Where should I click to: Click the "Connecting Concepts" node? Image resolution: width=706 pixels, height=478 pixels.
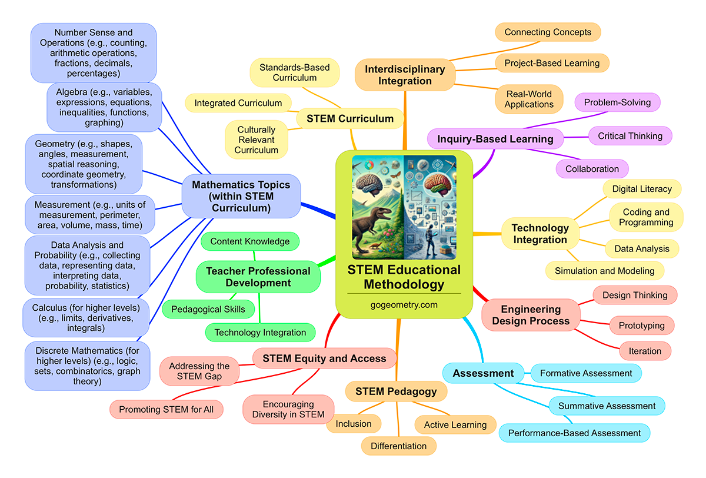click(548, 32)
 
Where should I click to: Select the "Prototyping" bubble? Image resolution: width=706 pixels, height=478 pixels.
click(641, 325)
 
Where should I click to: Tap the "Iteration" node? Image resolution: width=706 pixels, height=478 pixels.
click(645, 351)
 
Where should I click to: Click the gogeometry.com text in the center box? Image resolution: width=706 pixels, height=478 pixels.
click(404, 305)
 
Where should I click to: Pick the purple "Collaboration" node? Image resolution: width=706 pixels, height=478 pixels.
click(592, 169)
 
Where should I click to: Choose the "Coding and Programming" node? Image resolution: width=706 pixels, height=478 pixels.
click(645, 217)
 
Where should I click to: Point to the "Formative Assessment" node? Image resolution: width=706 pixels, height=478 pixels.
click(586, 373)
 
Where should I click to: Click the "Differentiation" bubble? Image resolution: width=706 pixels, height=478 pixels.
click(398, 446)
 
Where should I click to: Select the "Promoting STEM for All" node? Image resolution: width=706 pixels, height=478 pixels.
click(166, 409)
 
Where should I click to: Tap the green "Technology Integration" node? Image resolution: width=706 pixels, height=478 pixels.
click(260, 333)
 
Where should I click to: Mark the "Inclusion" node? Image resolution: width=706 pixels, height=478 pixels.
click(354, 423)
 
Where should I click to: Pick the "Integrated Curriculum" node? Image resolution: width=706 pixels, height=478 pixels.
click(238, 103)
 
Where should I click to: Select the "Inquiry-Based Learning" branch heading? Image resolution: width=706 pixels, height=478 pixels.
click(496, 139)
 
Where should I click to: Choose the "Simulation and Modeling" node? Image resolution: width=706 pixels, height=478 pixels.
click(604, 271)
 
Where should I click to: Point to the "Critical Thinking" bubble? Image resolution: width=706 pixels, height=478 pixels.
click(630, 136)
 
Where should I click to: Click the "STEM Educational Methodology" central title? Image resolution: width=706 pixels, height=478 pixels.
click(404, 277)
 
